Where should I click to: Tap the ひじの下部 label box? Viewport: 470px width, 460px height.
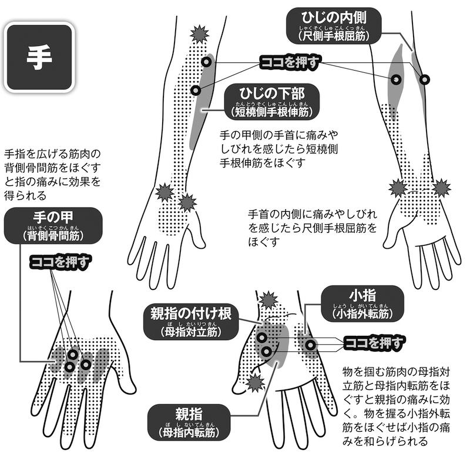[271, 101]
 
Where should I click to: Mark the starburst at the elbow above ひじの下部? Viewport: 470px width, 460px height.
[200, 34]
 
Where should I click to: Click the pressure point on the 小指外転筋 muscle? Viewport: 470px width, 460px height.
[310, 344]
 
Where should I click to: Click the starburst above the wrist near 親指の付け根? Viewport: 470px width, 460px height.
[268, 300]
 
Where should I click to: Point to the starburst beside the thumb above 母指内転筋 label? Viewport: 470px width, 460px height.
[256, 384]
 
